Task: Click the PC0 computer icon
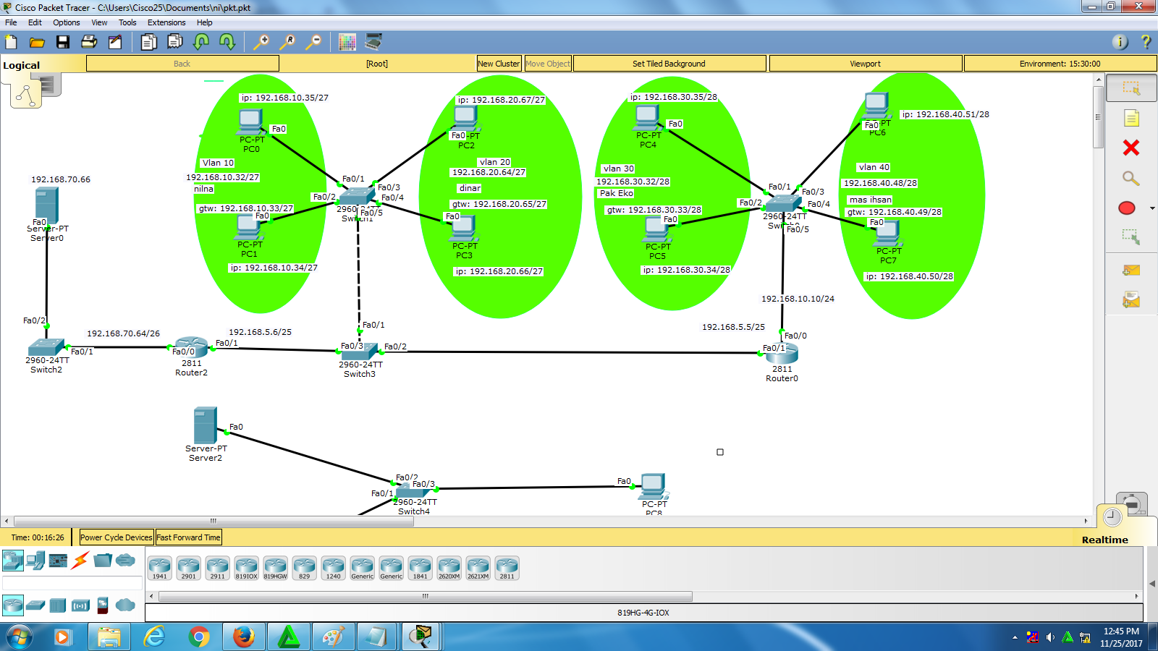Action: (250, 122)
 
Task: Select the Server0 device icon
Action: (46, 204)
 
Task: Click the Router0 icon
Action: (782, 353)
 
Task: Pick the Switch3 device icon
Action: (360, 352)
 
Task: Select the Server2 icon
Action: (206, 425)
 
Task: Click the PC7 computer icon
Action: (887, 234)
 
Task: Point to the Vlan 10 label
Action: (218, 163)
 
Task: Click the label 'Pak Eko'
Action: (616, 193)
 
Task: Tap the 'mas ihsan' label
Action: (870, 200)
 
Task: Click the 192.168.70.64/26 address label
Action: (124, 333)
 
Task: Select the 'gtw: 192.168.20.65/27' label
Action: (499, 204)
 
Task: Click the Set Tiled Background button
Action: (669, 64)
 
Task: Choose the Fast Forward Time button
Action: (188, 537)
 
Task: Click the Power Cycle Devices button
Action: (116, 537)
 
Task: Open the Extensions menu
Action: (166, 22)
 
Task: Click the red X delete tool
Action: (1130, 148)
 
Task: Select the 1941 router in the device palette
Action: (159, 568)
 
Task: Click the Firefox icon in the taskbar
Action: (243, 637)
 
